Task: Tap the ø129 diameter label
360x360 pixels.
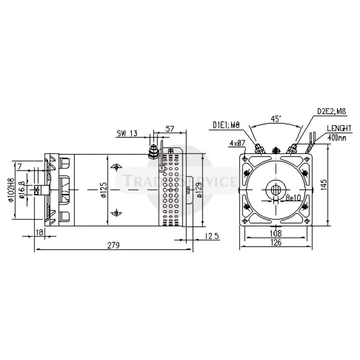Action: (198, 190)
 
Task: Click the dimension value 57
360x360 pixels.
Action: (170, 128)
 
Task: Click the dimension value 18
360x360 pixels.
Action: (39, 233)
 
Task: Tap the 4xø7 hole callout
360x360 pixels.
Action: (237, 143)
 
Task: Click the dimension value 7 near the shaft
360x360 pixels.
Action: (19, 166)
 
